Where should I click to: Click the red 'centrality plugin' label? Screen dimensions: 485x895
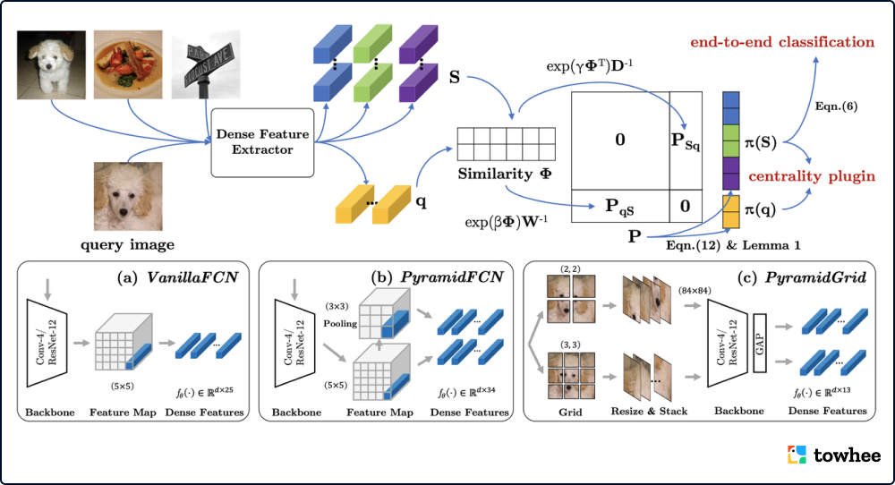[x=811, y=175]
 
